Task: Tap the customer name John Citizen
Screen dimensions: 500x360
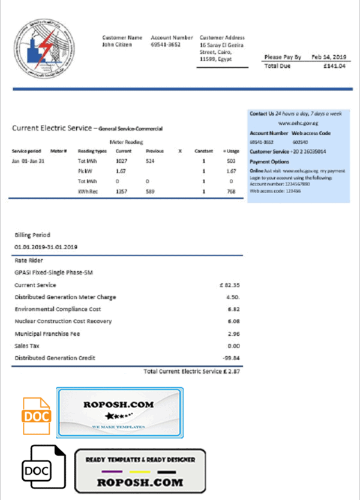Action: coord(116,44)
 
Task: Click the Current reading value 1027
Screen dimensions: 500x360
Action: coord(122,161)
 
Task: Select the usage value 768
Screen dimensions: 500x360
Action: coord(230,191)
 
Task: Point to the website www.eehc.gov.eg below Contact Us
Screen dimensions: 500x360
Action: coord(298,122)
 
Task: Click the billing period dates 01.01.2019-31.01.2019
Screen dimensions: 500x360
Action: coord(46,247)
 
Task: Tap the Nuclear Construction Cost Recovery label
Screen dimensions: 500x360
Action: coord(63,321)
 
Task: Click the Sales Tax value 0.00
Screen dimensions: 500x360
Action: coord(233,346)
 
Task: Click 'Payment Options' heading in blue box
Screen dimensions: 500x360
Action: coord(269,162)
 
